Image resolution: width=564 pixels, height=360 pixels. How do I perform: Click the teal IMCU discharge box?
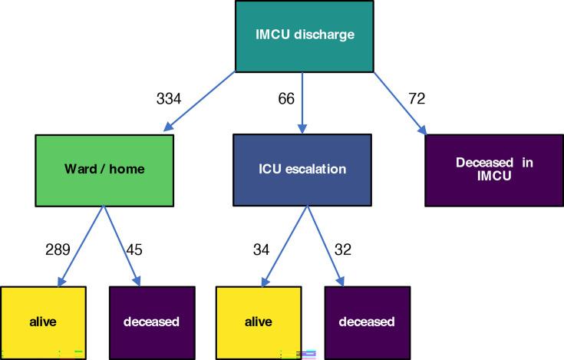coord(304,35)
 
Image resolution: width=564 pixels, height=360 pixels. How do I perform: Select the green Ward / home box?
coord(104,170)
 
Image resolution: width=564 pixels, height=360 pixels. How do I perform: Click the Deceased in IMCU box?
coord(493,170)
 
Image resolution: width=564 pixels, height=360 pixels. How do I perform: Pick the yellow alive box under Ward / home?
coord(43,321)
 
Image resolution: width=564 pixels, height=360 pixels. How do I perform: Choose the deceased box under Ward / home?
coord(151,321)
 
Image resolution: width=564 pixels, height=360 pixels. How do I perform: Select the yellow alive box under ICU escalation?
coord(259,321)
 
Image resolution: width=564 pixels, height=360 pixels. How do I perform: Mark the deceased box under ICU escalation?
coord(368,321)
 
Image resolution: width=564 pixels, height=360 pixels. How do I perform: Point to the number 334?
coord(168,98)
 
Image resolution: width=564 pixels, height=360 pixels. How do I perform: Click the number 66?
coord(285,98)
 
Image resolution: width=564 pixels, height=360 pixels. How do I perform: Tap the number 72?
coord(417,98)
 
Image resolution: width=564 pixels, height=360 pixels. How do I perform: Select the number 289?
coord(58,249)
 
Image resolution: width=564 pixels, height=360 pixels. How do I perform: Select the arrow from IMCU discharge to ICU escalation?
coord(305,100)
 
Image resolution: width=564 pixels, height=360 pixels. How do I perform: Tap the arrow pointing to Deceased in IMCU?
coord(400,102)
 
